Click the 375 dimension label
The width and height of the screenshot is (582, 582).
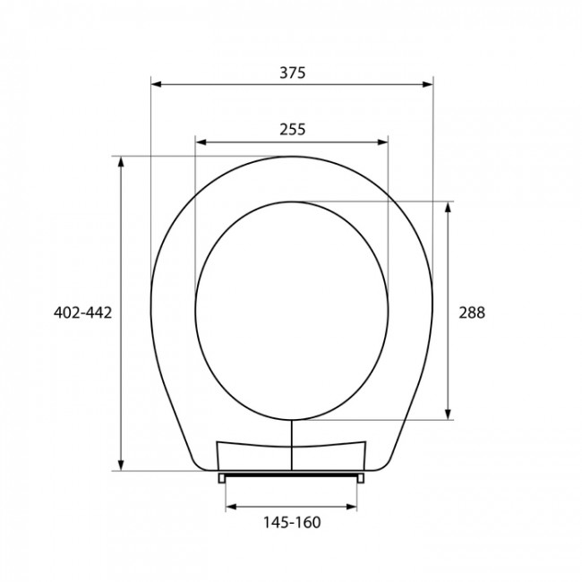(293, 73)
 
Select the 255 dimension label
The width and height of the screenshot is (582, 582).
(293, 130)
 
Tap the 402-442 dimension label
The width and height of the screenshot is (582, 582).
(82, 312)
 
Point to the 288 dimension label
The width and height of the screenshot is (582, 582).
(472, 312)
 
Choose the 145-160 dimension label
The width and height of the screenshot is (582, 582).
(292, 523)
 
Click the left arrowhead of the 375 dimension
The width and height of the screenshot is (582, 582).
(157, 84)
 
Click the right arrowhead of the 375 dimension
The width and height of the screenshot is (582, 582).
(428, 84)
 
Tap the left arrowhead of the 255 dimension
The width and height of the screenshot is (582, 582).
(201, 142)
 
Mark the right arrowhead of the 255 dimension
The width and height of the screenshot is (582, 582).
(382, 142)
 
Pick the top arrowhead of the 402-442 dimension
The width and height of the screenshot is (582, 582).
(121, 162)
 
